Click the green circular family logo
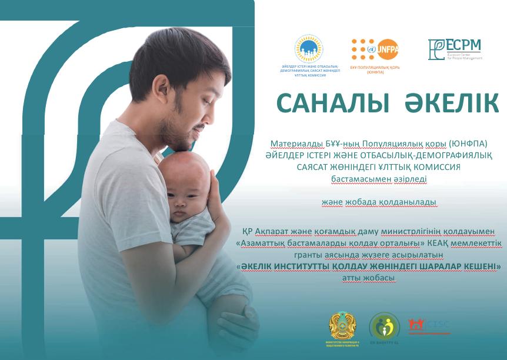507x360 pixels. [x=384, y=326]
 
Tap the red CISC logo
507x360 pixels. [x=428, y=325]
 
